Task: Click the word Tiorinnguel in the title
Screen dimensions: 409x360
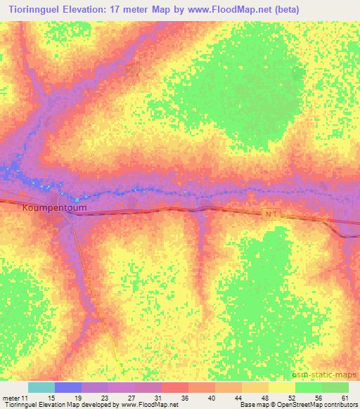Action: click(33, 10)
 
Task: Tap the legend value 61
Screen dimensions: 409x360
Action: click(345, 397)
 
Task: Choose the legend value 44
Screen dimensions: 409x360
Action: click(238, 397)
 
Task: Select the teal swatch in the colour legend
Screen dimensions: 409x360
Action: click(41, 387)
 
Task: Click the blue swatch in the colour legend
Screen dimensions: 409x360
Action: click(68, 387)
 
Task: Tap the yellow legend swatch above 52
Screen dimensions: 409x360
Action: click(282, 387)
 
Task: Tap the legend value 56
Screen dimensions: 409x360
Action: click(318, 397)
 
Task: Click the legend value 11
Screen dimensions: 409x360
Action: click(25, 397)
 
